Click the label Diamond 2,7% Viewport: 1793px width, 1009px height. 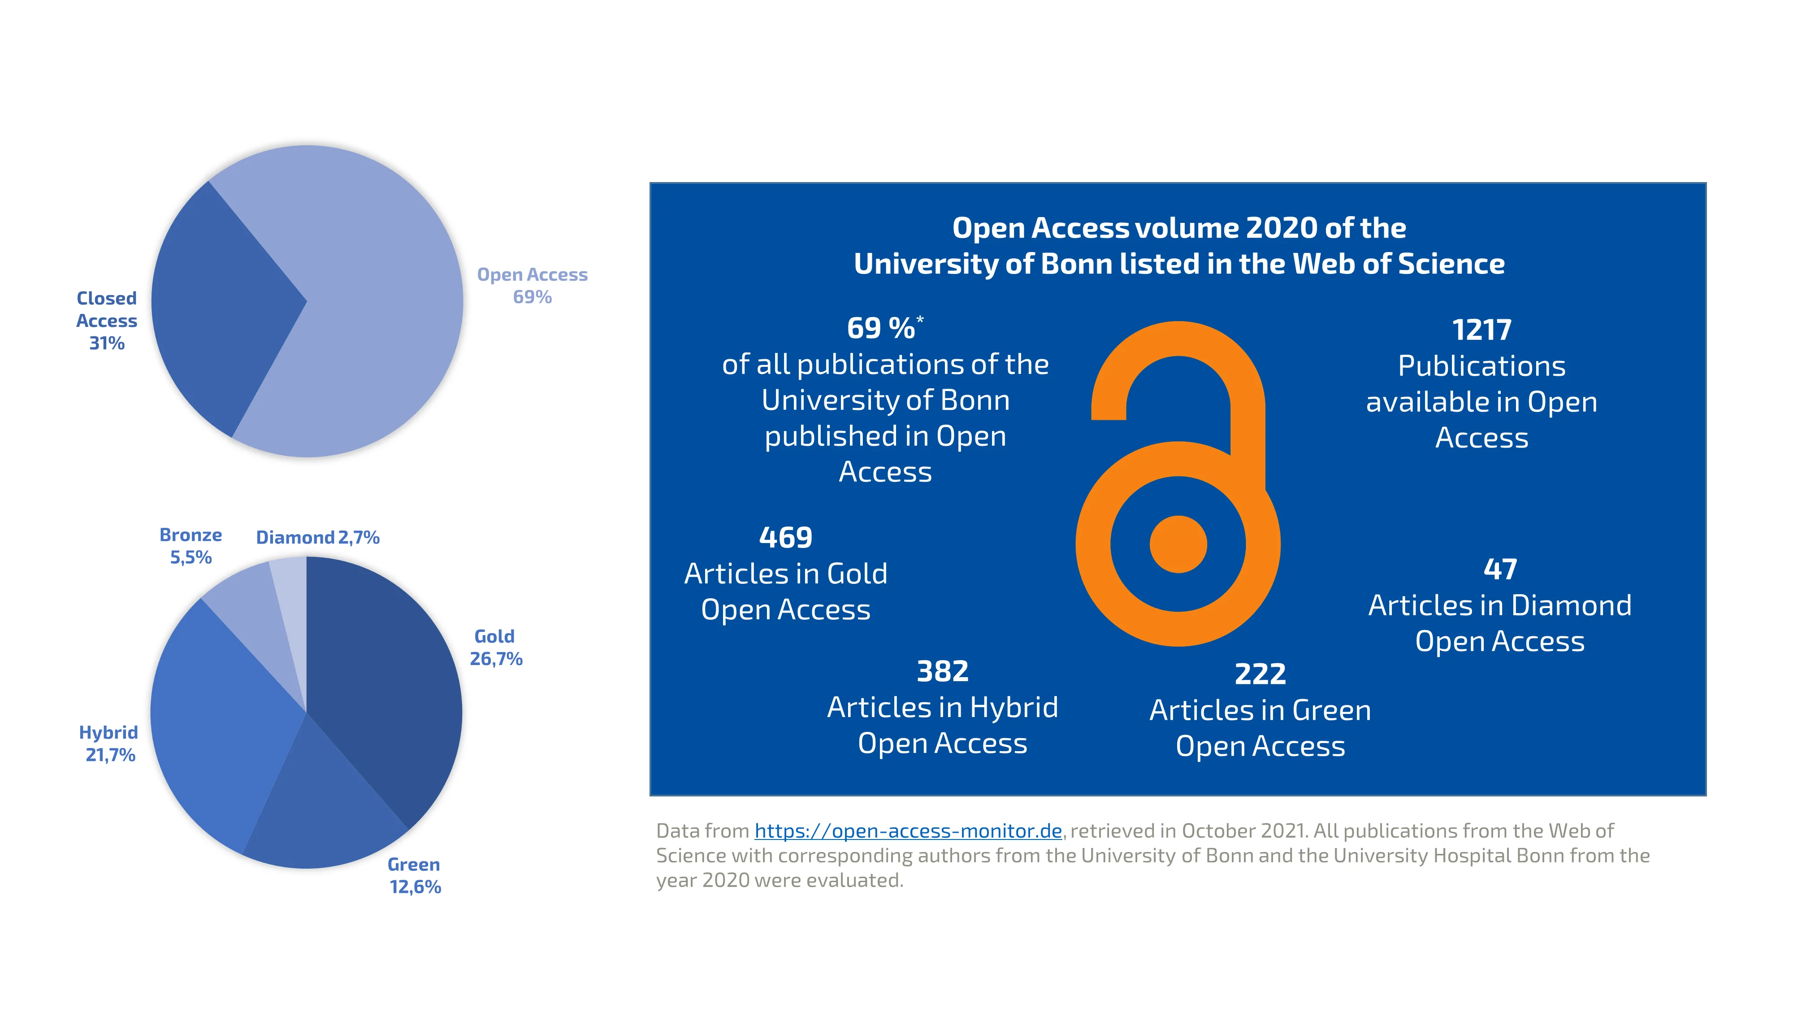tap(317, 538)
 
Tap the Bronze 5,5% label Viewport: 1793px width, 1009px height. tap(191, 546)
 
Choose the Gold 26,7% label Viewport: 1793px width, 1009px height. tap(496, 648)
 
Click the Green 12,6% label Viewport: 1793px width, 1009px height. tap(415, 875)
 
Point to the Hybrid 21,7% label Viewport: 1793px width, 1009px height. tap(109, 743)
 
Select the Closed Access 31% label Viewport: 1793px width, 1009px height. tap(107, 320)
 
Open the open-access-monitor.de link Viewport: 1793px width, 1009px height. tap(908, 831)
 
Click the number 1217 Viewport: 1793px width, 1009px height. tap(1481, 330)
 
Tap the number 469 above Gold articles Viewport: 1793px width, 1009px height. tap(786, 538)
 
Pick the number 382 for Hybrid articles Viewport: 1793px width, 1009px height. tap(942, 671)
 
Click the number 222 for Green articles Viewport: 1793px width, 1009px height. tap(1260, 674)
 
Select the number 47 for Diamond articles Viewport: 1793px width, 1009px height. tap(1500, 570)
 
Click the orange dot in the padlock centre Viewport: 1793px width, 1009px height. tap(1178, 544)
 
